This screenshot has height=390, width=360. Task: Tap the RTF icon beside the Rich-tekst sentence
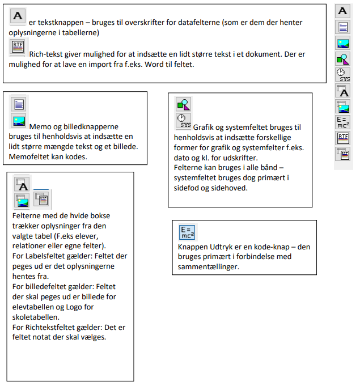coord(18,46)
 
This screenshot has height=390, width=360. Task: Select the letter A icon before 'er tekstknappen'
coord(18,16)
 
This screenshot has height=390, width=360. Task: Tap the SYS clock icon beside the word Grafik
coord(184,121)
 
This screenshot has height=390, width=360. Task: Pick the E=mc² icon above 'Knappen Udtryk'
coord(187,232)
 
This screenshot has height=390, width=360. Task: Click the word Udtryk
coord(221,247)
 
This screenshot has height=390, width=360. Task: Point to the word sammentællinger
coord(209,267)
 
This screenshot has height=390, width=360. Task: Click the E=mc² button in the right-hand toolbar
coord(343,122)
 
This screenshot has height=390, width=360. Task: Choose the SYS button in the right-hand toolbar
coord(343,75)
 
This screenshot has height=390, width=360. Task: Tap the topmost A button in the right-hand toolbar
coord(343,11)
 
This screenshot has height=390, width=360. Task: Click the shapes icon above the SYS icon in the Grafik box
coord(184,104)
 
